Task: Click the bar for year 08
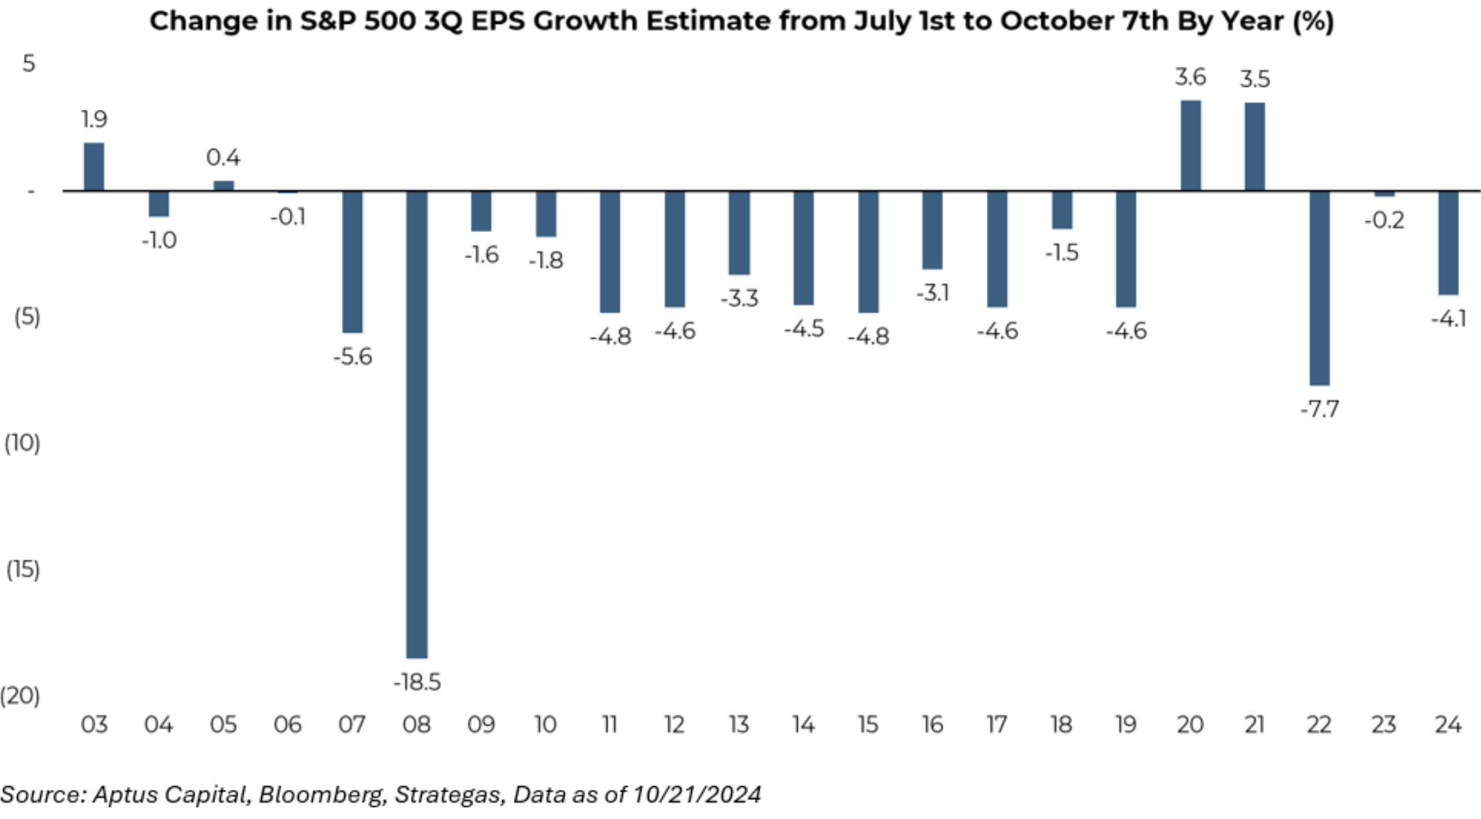click(x=417, y=423)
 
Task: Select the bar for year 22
click(x=1319, y=288)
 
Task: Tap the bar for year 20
click(x=1190, y=145)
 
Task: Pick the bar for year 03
click(x=94, y=167)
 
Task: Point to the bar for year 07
click(x=352, y=261)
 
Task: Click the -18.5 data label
click(x=417, y=682)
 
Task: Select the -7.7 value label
click(x=1319, y=409)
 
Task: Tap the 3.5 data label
click(x=1254, y=79)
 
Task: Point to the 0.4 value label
click(x=223, y=158)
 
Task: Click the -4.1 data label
click(x=1448, y=319)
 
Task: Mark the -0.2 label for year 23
click(x=1384, y=220)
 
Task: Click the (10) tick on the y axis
click(x=23, y=444)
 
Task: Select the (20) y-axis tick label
click(x=20, y=696)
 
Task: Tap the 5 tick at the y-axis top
click(x=28, y=63)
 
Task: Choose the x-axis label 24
click(x=1448, y=725)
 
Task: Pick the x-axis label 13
click(x=739, y=725)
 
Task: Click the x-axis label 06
click(x=287, y=725)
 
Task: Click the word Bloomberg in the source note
click(x=320, y=795)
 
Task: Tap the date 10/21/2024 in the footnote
click(x=696, y=795)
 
